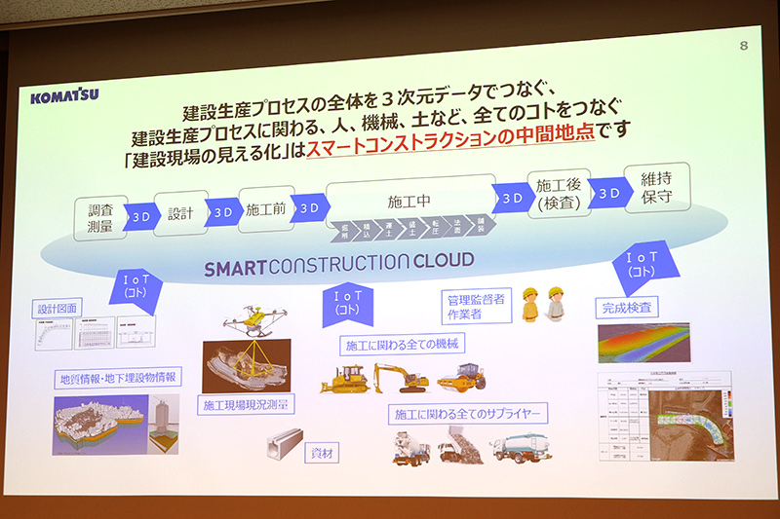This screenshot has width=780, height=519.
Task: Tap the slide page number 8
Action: coord(744,46)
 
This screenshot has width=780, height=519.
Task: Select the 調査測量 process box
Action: coord(100,218)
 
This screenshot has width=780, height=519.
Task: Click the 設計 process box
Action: coord(179,213)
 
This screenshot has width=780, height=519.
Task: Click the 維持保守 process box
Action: coord(655,190)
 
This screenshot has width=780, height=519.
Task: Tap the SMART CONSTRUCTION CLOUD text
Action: coord(338,262)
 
